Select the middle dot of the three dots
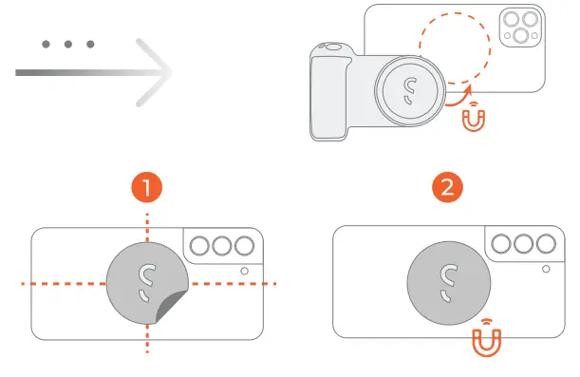(68, 45)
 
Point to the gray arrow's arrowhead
(157, 72)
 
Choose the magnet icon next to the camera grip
(473, 119)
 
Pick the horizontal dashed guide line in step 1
(66, 283)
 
